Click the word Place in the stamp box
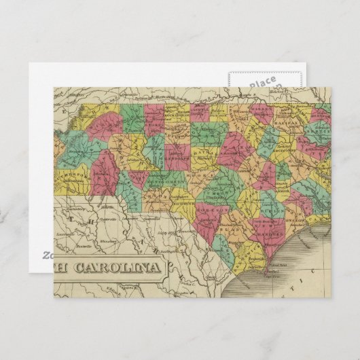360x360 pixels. tap(262, 84)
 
